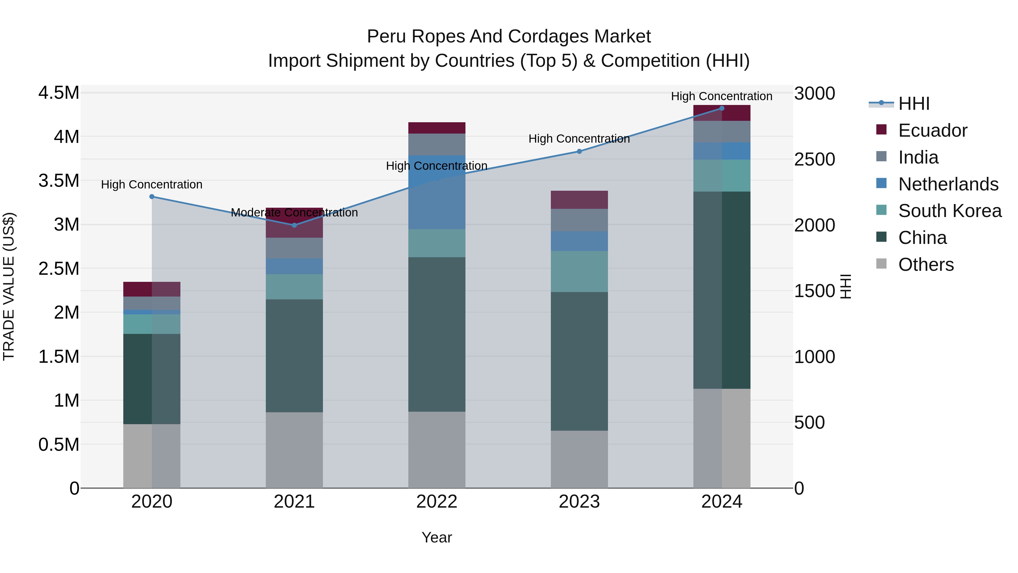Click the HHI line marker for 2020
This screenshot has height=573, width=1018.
click(152, 197)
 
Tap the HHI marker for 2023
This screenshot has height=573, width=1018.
click(579, 151)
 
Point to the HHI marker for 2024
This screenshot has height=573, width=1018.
click(722, 108)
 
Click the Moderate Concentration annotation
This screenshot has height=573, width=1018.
click(294, 213)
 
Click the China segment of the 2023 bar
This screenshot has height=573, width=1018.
click(579, 361)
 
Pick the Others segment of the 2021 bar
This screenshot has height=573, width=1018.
click(294, 450)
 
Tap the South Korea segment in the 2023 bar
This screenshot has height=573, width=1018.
click(579, 271)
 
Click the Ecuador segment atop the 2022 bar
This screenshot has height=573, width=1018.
click(437, 128)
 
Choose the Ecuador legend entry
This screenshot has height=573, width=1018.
click(933, 130)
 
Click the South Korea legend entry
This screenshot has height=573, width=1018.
click(950, 211)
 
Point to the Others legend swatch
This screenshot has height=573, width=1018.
click(881, 264)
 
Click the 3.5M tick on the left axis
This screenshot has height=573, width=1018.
click(59, 181)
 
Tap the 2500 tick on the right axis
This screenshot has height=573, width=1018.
click(814, 159)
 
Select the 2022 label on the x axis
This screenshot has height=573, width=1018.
click(437, 502)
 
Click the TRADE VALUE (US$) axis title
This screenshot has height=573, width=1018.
click(9, 286)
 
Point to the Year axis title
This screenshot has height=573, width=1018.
click(437, 537)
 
